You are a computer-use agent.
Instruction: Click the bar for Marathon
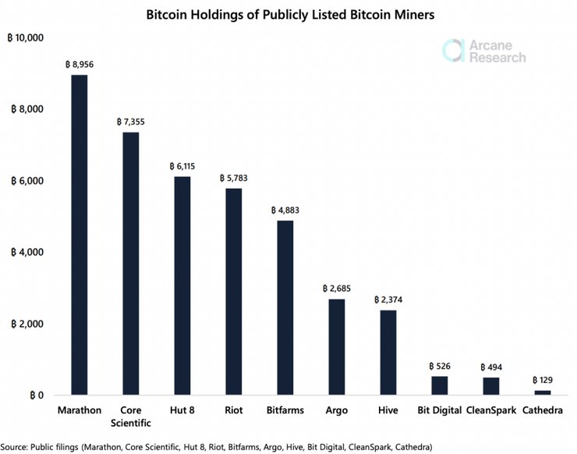click(80, 234)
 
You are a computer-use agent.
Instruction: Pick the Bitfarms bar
click(285, 308)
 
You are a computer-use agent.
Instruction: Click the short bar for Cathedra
click(542, 392)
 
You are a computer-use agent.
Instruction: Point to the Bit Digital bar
click(439, 385)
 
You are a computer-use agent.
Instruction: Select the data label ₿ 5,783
click(234, 179)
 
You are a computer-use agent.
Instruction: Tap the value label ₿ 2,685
click(337, 289)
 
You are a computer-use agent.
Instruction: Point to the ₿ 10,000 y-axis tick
click(27, 38)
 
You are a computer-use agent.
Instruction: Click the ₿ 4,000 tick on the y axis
click(29, 253)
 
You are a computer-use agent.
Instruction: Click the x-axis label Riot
click(234, 410)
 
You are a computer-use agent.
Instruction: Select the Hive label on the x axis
click(388, 410)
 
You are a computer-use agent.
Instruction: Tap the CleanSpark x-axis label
click(490, 410)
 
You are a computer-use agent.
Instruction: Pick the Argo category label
click(337, 410)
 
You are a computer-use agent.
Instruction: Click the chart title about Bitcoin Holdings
click(288, 14)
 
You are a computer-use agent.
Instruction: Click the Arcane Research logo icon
click(455, 50)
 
